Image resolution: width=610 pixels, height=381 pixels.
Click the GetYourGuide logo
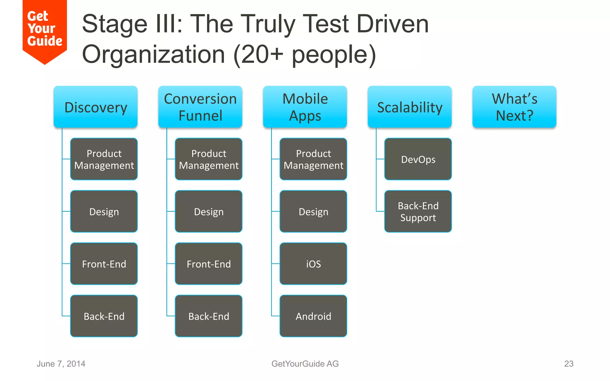pos(45,30)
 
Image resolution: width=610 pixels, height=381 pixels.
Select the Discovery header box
pos(96,107)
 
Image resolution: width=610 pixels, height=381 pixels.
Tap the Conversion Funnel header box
pos(200,107)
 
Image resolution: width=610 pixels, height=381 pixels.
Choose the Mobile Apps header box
pos(305,107)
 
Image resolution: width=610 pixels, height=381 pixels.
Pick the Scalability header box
pos(410,107)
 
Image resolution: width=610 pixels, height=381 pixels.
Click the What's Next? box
pos(514,107)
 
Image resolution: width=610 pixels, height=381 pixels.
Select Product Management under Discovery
pos(104,159)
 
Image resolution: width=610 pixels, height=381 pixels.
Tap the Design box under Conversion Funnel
pos(208,212)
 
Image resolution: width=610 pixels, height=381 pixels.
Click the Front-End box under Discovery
pos(104,264)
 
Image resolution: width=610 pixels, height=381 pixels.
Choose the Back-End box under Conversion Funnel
pos(208,316)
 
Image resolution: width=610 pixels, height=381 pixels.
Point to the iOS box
pos(313,264)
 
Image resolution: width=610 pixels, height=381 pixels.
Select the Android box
pos(313,316)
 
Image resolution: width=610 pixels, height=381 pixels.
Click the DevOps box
pos(418,159)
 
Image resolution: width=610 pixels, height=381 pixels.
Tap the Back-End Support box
pos(418,212)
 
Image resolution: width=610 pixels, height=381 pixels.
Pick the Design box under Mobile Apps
pos(313,212)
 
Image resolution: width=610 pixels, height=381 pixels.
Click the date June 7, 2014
pos(61,364)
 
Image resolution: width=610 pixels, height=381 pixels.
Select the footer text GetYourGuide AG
pos(305,364)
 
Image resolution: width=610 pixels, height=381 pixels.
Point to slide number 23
pos(569,364)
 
